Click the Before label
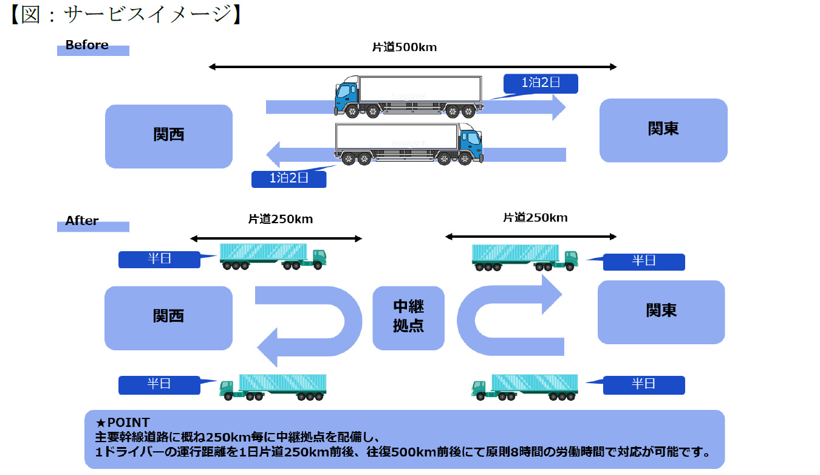tap(87, 46)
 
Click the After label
tap(82, 221)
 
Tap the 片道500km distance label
tap(405, 47)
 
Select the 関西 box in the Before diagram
tap(169, 136)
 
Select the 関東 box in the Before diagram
tap(663, 130)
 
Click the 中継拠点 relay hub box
tap(408, 317)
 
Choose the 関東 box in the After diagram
tap(661, 311)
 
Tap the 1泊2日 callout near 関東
tap(541, 83)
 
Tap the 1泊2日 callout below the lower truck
tap(289, 179)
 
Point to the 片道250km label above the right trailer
tap(535, 218)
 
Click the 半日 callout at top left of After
tap(159, 259)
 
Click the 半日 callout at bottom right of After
tap(644, 384)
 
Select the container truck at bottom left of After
tap(273, 387)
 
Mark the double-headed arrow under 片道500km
tap(412, 67)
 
